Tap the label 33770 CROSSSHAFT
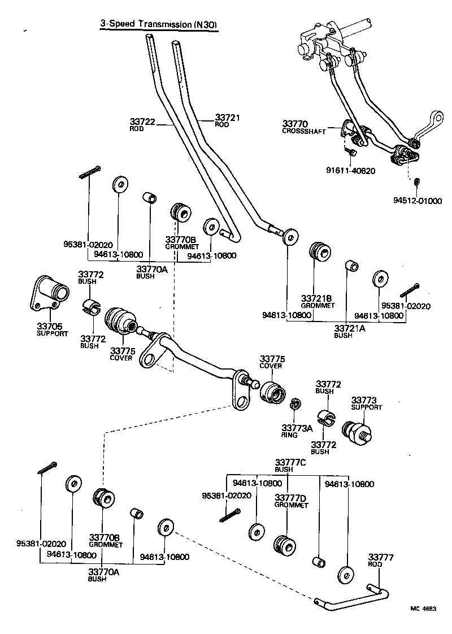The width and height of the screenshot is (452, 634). pos(303,126)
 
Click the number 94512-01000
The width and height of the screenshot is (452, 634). pos(418,201)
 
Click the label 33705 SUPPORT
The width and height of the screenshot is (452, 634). pos(52,329)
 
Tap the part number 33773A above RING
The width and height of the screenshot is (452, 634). pos(297,428)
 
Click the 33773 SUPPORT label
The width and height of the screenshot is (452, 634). pos(367,403)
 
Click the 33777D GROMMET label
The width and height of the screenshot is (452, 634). pos(291,501)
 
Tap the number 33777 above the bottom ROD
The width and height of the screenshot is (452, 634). pos(380,557)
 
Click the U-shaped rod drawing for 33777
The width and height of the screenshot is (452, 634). pos(350,598)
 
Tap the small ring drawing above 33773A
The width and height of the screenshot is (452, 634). pos(294,405)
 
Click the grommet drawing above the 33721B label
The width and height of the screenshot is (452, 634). pos(320,253)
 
